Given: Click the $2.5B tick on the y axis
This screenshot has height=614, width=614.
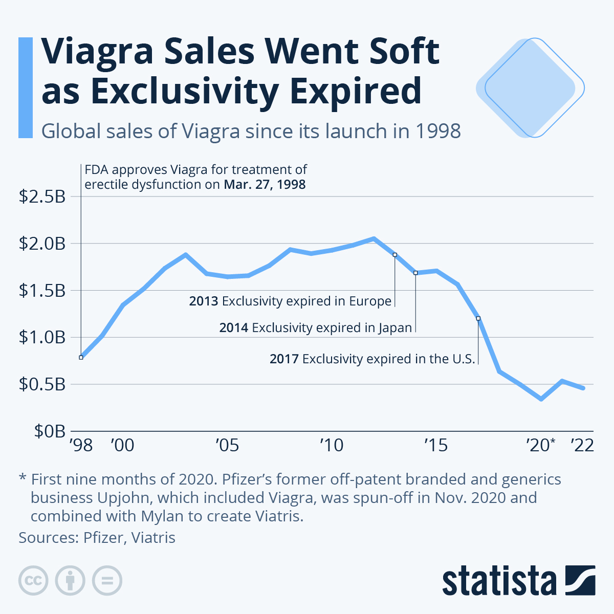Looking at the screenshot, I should [x=42, y=196].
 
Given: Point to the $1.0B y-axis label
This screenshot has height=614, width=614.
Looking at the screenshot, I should [x=42, y=338].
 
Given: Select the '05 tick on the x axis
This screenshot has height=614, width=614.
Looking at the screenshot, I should [x=227, y=446].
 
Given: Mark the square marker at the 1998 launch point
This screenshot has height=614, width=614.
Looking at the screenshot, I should [x=81, y=357].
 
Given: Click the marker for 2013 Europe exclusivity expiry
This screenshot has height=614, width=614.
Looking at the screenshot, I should [x=394, y=254].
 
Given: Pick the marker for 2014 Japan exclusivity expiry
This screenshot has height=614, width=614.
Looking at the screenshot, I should [x=415, y=273].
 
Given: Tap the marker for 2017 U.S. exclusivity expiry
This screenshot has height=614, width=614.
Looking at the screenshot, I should [x=478, y=318].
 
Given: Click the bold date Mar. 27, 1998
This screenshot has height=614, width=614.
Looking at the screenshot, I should [x=265, y=185].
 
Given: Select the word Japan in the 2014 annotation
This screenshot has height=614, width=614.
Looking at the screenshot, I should [x=395, y=327].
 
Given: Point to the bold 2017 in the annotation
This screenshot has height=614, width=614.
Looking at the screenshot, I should [x=284, y=359].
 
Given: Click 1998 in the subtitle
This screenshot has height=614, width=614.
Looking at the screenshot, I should [x=438, y=131].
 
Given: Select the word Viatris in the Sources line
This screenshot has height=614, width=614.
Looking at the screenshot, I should [x=153, y=538].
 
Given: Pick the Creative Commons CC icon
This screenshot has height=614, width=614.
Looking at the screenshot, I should [x=33, y=581].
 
